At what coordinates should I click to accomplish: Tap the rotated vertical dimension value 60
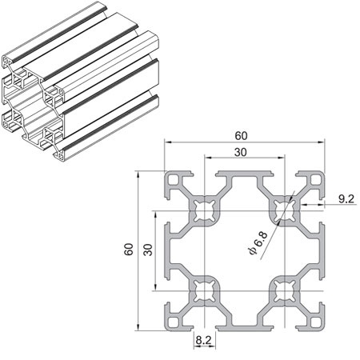click(x=128, y=250)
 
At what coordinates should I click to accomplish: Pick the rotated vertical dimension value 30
click(x=146, y=250)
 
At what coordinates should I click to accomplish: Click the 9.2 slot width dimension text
click(x=346, y=197)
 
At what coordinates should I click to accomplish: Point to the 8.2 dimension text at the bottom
click(x=203, y=340)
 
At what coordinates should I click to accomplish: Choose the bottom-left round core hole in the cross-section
click(x=204, y=290)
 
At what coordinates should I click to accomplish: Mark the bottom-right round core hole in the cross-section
click(x=283, y=290)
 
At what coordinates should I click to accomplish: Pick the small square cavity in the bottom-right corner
click(x=314, y=321)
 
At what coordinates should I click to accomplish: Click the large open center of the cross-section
click(x=244, y=250)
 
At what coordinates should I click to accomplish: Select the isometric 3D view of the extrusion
click(x=80, y=88)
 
